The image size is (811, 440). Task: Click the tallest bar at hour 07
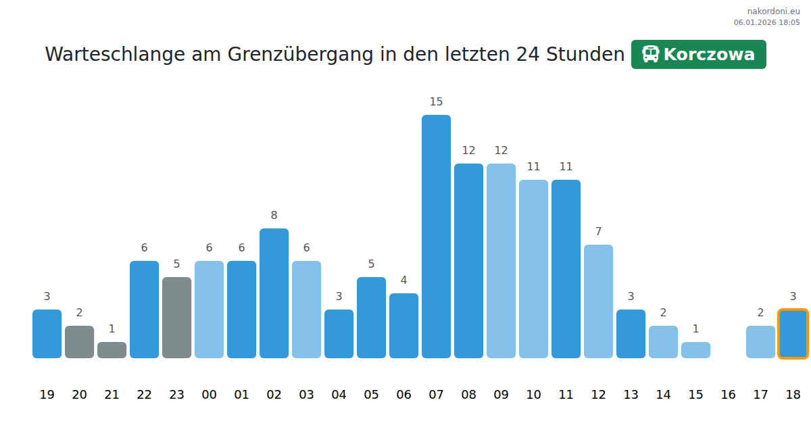click(x=436, y=237)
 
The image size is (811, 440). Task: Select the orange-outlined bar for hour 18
click(x=793, y=334)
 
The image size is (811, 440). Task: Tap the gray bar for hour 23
click(x=176, y=318)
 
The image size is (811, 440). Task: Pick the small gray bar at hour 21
click(x=112, y=350)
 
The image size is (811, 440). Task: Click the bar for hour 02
click(x=274, y=293)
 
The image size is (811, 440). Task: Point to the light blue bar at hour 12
click(x=598, y=301)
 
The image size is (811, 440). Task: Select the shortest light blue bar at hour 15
click(x=695, y=350)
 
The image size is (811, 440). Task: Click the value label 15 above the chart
click(x=436, y=102)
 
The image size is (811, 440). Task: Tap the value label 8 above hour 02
click(x=274, y=216)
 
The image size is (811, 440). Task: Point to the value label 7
click(x=598, y=232)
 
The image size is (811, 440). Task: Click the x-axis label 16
click(x=728, y=395)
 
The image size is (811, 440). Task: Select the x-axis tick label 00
click(x=209, y=395)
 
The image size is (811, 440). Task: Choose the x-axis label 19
click(x=47, y=395)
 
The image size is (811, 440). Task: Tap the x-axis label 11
click(x=566, y=395)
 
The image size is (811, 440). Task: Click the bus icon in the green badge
click(x=650, y=54)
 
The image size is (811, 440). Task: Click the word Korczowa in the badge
click(x=709, y=54)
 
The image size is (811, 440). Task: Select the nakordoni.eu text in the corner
click(x=773, y=11)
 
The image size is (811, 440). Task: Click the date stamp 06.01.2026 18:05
click(x=766, y=22)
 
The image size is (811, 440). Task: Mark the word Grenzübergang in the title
click(x=301, y=54)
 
